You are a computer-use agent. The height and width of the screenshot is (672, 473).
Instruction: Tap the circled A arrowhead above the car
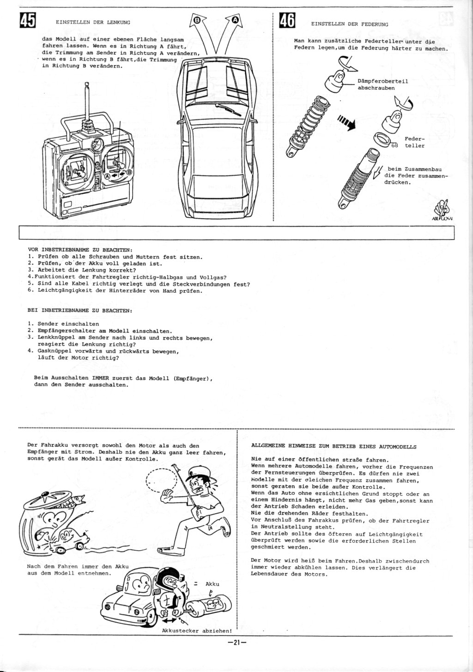coord(235,20)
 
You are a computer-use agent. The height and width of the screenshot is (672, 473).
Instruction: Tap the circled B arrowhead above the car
coord(196,20)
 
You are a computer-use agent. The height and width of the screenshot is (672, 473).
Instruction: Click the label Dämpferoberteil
coord(382,81)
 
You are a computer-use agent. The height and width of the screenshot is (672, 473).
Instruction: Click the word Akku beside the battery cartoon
coord(212,584)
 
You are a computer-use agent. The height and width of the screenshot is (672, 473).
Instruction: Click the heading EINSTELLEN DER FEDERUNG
coord(350,24)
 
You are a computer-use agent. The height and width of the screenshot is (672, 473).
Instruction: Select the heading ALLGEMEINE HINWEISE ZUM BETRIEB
coord(333,447)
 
